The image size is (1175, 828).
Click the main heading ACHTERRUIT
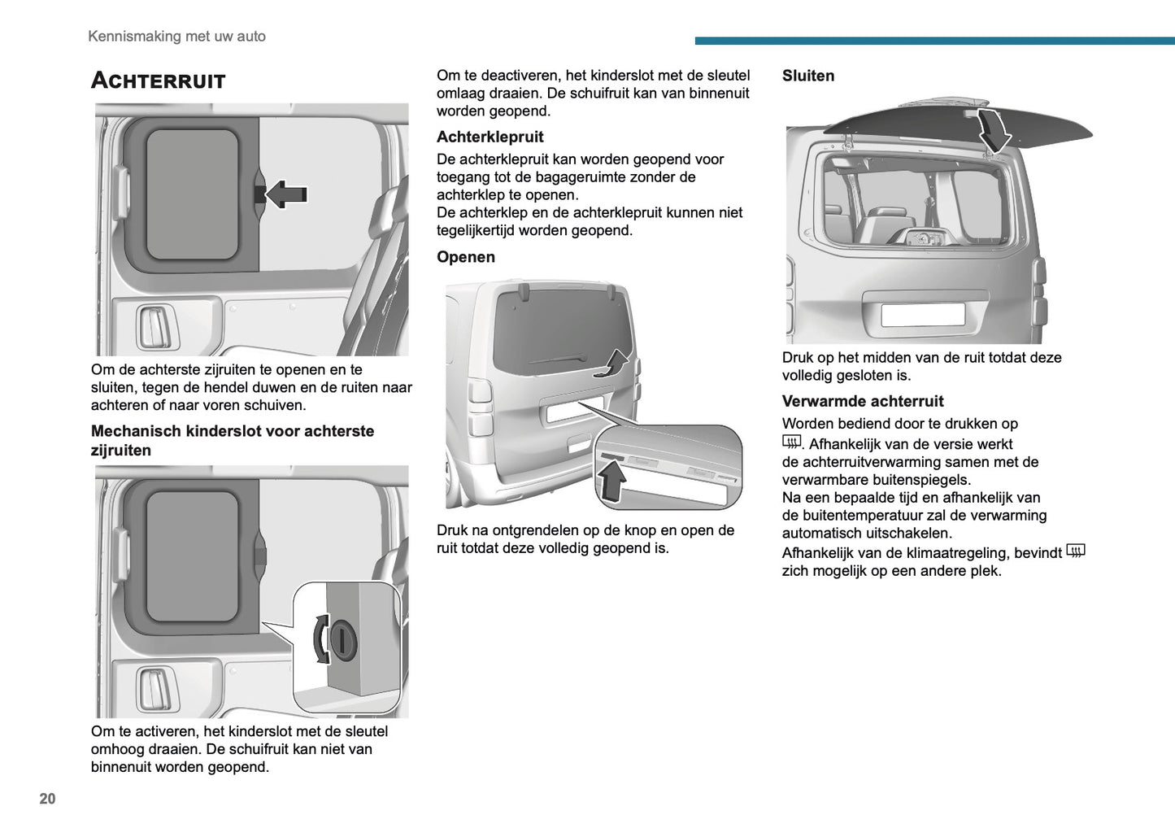point(158,81)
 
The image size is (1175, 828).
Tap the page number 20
point(47,799)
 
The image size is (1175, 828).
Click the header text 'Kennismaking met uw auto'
point(176,36)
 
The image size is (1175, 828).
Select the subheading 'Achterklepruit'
point(490,137)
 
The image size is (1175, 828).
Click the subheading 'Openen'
point(465,257)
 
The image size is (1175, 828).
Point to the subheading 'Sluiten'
point(807,76)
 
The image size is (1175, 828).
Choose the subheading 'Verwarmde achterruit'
point(862,401)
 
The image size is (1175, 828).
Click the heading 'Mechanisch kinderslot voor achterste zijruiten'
point(232,440)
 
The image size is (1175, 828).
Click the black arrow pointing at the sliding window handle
point(285,194)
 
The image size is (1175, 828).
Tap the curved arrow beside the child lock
point(320,638)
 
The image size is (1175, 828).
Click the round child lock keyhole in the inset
point(343,639)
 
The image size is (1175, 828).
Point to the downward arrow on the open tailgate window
point(993,130)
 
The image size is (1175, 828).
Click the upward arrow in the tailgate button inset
point(611,482)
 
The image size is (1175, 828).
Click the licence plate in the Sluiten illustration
point(922,314)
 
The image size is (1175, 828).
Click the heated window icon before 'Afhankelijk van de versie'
point(791,442)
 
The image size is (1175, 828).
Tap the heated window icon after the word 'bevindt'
point(1075,551)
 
